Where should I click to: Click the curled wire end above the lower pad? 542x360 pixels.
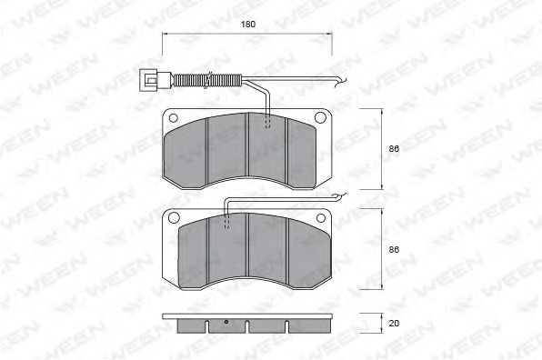[x=338, y=195]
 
